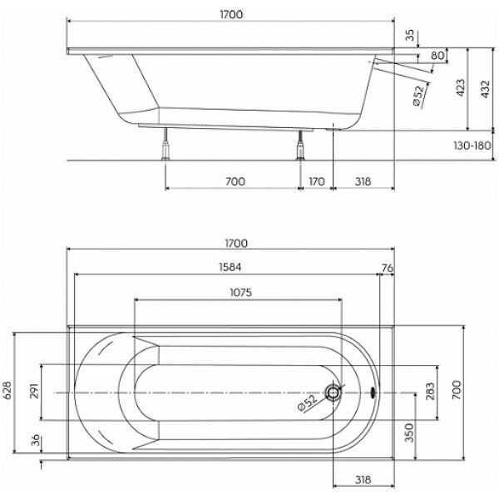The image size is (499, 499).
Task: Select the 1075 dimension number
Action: (236, 292)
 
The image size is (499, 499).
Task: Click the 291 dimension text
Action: (33, 393)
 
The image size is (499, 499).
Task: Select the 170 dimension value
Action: (317, 181)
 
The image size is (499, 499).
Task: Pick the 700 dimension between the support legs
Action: (234, 181)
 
